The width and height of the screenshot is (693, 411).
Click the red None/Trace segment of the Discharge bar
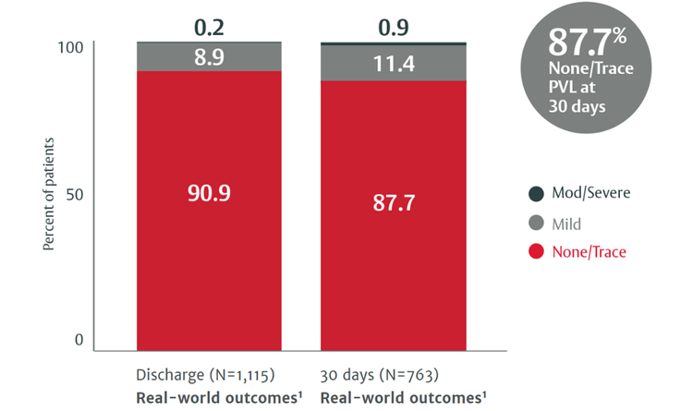pyautogui.click(x=209, y=259)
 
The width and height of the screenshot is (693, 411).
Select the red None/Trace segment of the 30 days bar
pyautogui.click(x=393, y=268)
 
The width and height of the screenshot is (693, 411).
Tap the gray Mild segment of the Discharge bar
pyautogui.click(x=166, y=58)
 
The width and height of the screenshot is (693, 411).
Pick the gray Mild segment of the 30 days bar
pyautogui.click(x=351, y=64)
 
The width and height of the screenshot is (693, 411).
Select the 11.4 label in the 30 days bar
pyautogui.click(x=393, y=64)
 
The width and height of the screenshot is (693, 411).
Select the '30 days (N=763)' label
pyautogui.click(x=379, y=376)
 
